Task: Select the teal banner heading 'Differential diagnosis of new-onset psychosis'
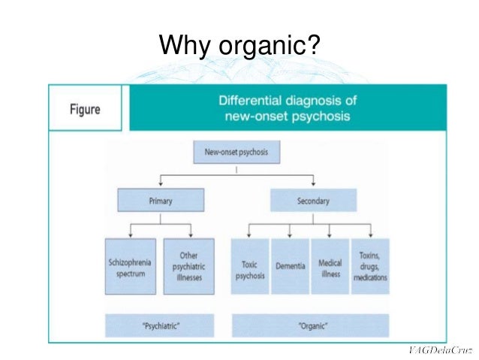point(287,107)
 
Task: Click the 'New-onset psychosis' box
point(236,152)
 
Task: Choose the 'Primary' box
point(160,201)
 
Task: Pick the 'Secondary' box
point(312,201)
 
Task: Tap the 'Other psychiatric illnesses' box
point(188,265)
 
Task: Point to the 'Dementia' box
point(289,265)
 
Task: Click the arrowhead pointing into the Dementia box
point(289,234)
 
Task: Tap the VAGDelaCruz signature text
point(440,351)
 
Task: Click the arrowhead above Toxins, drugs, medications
point(371,234)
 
